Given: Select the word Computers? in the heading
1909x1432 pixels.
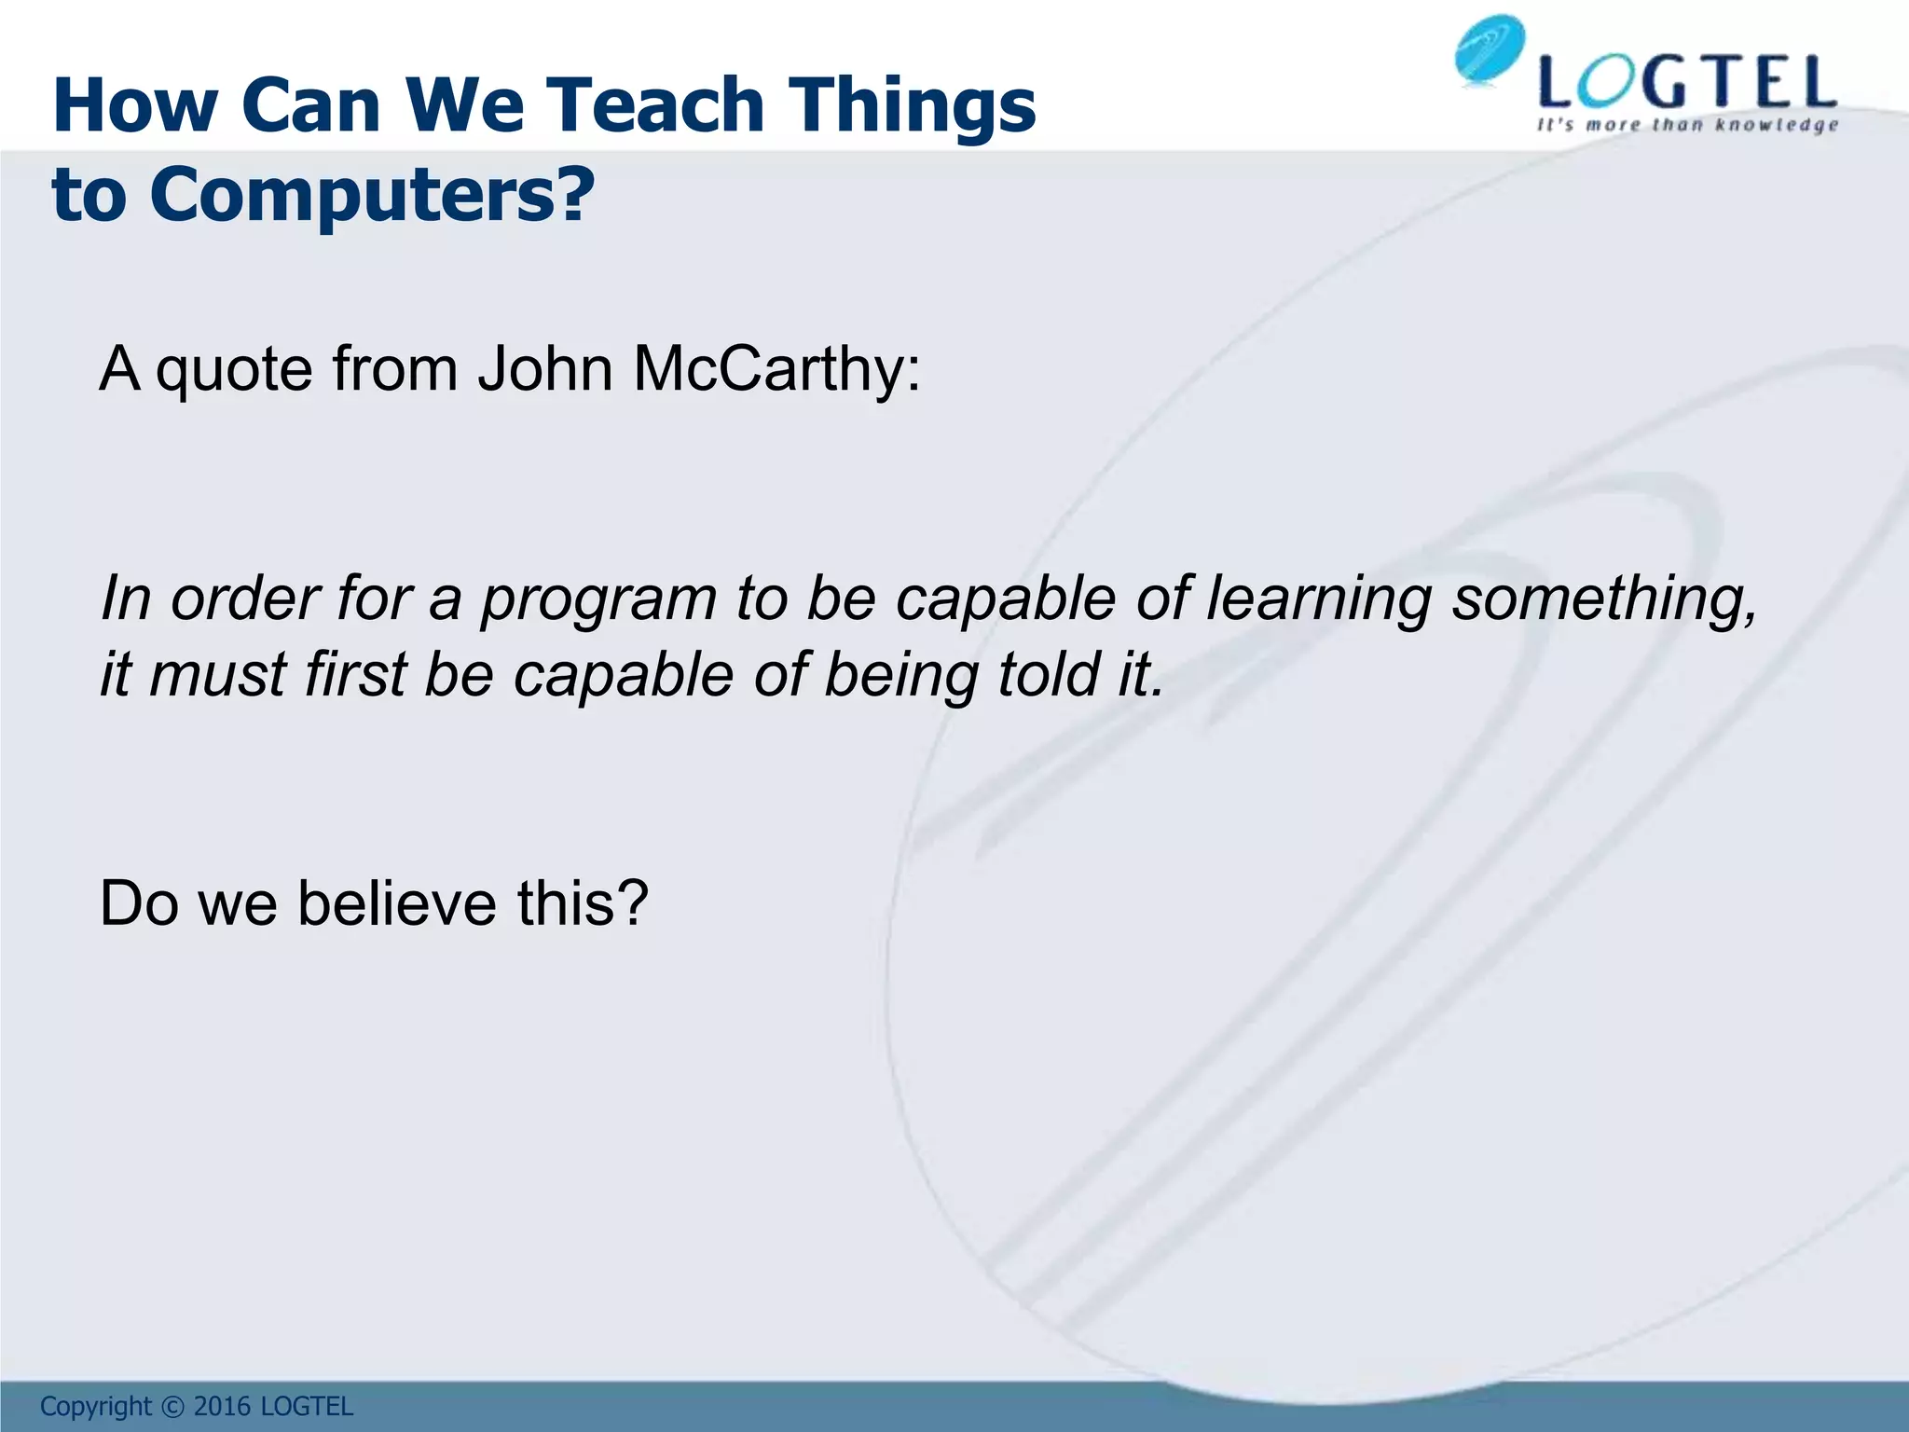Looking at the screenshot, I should tap(370, 195).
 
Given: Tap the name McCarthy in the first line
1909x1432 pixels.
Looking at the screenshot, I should tap(776, 369).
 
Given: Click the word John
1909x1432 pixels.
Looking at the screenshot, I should tap(545, 369).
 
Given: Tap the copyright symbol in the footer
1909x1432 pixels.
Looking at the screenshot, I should tap(172, 1406).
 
